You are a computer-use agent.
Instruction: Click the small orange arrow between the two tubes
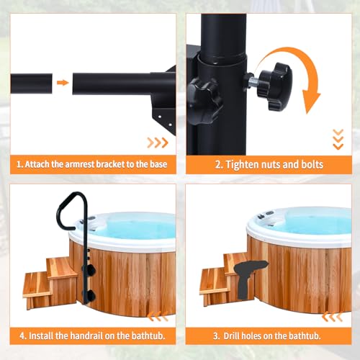point(63,82)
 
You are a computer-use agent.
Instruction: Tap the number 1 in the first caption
point(19,165)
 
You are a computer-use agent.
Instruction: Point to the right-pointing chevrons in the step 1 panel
point(157,143)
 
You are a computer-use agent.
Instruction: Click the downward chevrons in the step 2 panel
point(338,139)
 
